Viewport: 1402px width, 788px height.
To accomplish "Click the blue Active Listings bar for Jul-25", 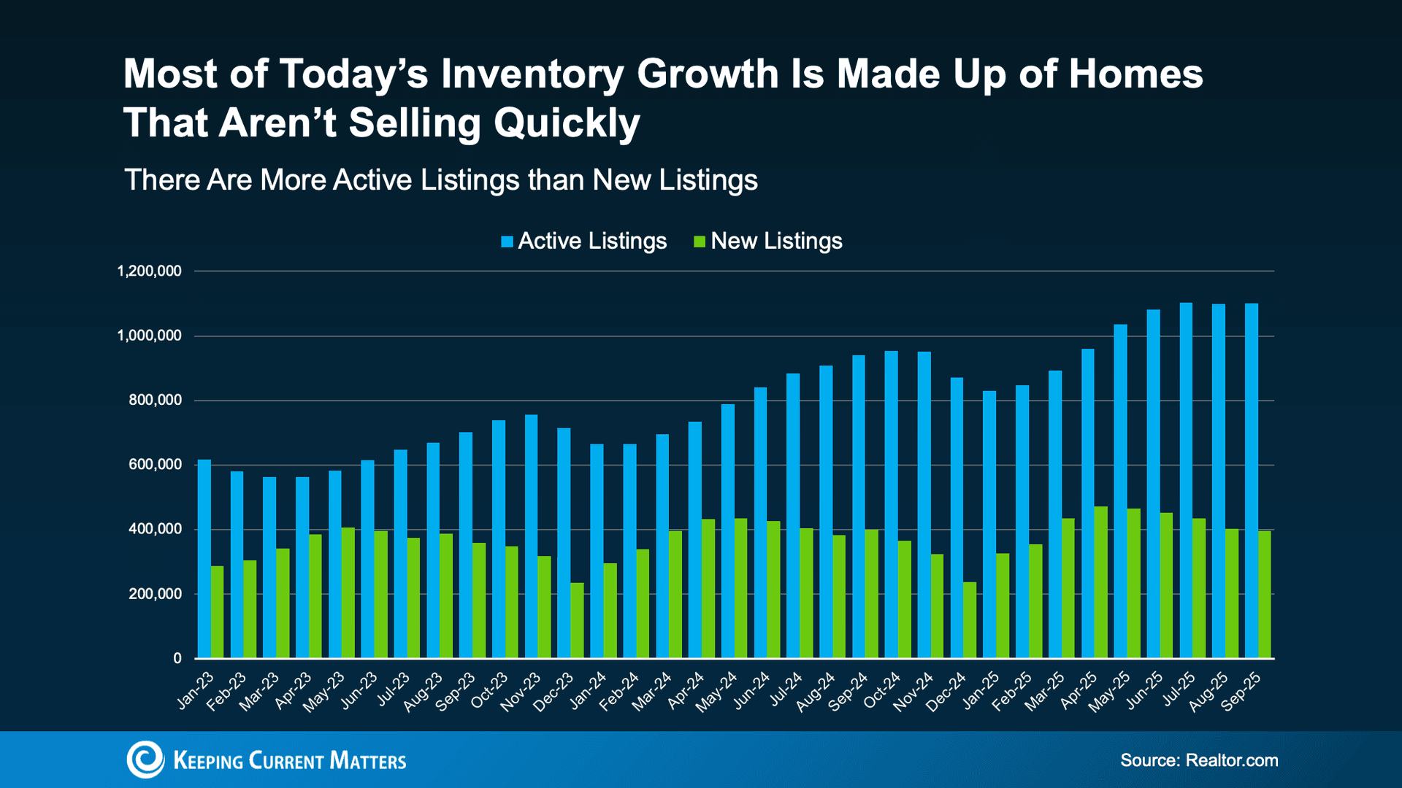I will point(1186,482).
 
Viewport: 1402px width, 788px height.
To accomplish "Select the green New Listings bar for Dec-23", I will point(577,620).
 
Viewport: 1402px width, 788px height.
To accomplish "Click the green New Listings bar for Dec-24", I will point(970,620).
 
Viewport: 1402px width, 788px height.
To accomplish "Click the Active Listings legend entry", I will point(584,242).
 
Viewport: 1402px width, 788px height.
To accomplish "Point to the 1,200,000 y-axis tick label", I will point(149,271).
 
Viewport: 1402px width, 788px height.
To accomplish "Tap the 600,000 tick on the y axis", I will point(155,465).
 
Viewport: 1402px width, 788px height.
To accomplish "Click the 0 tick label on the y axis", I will point(177,659).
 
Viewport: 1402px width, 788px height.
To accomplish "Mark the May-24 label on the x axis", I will point(717,692).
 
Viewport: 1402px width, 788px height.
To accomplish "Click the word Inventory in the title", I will point(531,74).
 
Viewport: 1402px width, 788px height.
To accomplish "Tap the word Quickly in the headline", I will point(567,123).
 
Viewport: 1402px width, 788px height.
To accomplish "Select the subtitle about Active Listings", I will point(441,180).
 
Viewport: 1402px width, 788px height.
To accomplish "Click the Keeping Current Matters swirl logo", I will point(145,760).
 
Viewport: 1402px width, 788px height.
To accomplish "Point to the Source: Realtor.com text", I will point(1199,760).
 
